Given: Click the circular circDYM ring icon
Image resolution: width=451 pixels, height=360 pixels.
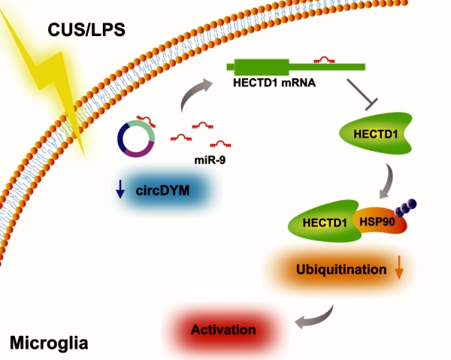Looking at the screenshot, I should [137, 138].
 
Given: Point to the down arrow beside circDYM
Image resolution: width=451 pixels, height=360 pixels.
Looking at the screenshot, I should [120, 192].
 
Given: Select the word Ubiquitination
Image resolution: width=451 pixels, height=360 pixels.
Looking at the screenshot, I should [341, 267].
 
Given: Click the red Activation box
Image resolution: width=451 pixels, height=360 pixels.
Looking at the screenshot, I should [223, 328].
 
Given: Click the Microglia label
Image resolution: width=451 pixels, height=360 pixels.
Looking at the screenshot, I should [49, 344].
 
